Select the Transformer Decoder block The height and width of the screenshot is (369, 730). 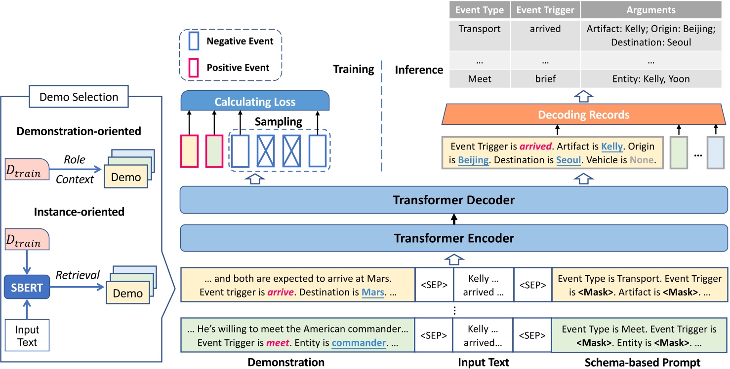pyautogui.click(x=453, y=200)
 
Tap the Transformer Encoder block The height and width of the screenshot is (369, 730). pyautogui.click(x=453, y=238)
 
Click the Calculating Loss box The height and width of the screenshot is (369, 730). pyautogui.click(x=255, y=102)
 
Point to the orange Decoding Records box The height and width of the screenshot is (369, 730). pyautogui.click(x=584, y=115)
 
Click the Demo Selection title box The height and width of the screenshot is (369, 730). pyautogui.click(x=79, y=97)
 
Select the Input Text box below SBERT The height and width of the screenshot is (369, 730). pyautogui.click(x=26, y=336)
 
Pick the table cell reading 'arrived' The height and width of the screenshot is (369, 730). pyautogui.click(x=545, y=29)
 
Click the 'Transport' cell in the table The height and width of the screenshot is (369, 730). pyautogui.click(x=480, y=29)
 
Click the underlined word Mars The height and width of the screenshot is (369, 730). pyautogui.click(x=373, y=293)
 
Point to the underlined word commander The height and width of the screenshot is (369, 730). pyautogui.click(x=359, y=342)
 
